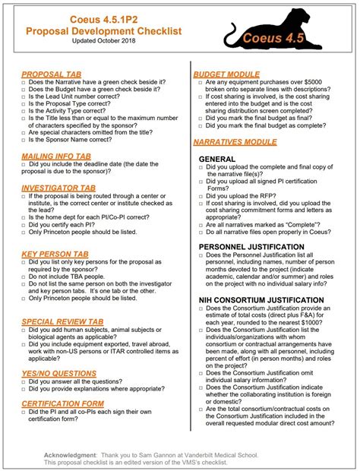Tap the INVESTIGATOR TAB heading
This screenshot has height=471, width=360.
(x=58, y=186)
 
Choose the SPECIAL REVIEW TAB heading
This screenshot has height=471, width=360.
(x=63, y=321)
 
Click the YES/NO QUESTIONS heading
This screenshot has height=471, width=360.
(x=59, y=373)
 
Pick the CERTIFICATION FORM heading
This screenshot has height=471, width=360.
(x=63, y=403)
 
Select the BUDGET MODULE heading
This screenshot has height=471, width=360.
(x=226, y=74)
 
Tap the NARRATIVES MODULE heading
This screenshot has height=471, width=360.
(x=235, y=142)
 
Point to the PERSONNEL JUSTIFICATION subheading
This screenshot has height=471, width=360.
(x=255, y=248)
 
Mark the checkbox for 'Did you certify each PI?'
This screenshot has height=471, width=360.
(x=23, y=226)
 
